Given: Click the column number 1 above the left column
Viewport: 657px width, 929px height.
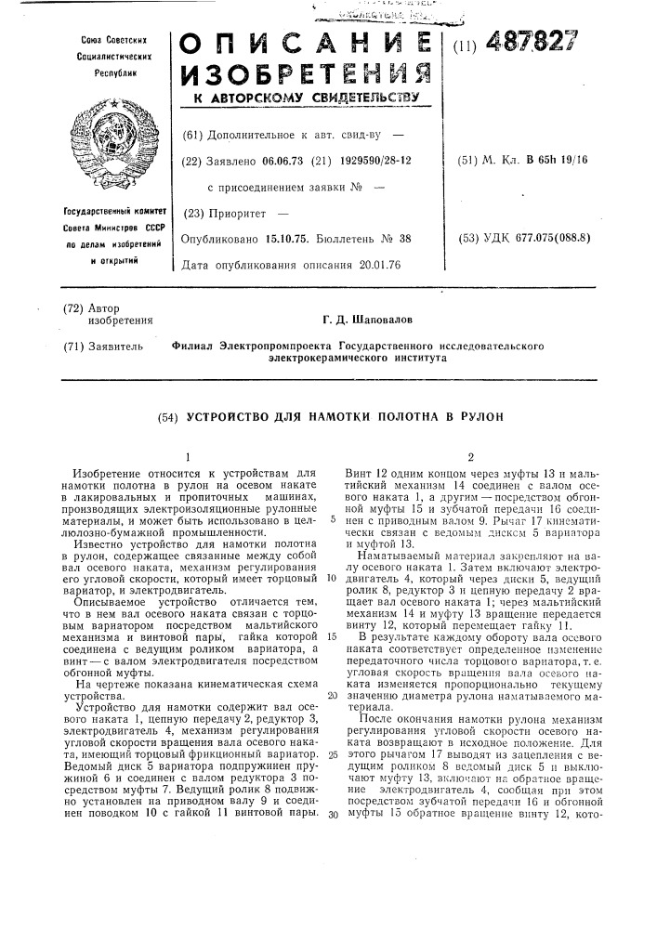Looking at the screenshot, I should click(187, 457).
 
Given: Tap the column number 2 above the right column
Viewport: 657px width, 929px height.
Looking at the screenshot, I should click(471, 457).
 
